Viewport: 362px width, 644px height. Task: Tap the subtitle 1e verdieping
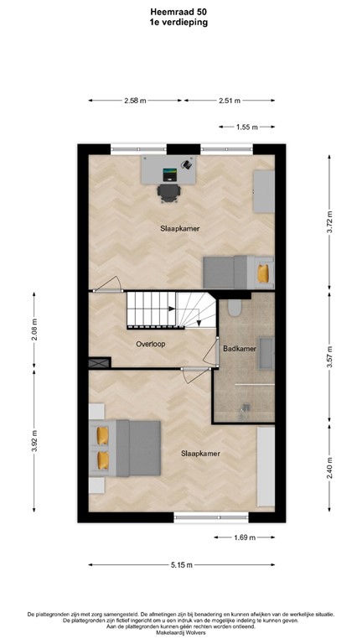[180, 23]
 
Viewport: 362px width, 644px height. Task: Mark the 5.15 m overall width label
[180, 563]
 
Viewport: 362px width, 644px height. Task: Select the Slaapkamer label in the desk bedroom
[180, 228]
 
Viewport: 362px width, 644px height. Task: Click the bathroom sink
[268, 351]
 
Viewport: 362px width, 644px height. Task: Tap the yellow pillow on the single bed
[265, 273]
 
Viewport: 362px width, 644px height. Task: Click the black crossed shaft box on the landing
[98, 362]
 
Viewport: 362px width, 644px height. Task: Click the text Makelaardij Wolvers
[180, 633]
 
